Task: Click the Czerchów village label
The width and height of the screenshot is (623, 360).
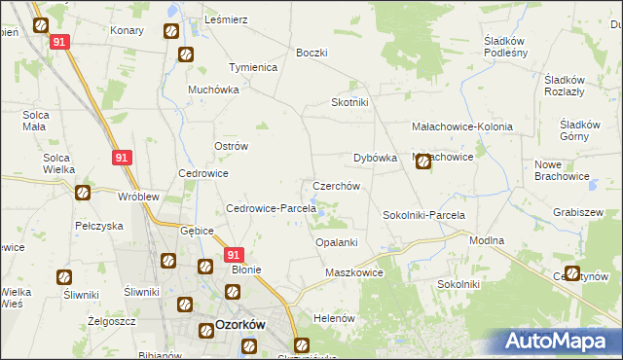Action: [336, 186]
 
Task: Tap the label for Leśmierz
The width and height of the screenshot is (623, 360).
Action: [227, 19]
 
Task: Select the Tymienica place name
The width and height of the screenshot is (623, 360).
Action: [253, 68]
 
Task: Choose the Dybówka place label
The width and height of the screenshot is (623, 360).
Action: [375, 158]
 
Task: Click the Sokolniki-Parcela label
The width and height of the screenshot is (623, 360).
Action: [423, 215]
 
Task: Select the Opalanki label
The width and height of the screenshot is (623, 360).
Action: [337, 242]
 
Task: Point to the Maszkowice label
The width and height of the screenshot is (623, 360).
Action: [354, 273]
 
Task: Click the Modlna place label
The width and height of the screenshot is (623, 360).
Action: [486, 240]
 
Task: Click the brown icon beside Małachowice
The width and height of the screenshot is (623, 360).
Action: [423, 162]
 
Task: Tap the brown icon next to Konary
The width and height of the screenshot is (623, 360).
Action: [169, 31]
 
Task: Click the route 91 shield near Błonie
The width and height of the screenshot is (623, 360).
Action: [233, 255]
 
